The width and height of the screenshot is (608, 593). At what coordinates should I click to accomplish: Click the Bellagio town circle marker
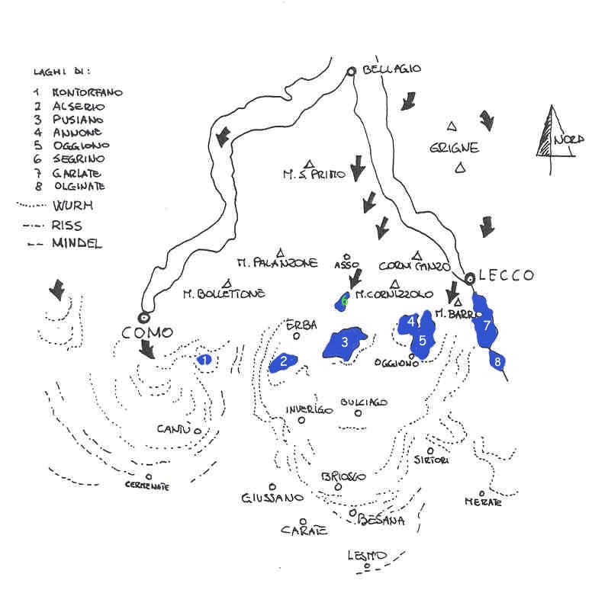351,72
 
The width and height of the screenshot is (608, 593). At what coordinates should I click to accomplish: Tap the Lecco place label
507,276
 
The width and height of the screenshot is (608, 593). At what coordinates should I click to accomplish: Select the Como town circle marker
143,317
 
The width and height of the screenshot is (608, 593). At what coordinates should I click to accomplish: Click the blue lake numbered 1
204,360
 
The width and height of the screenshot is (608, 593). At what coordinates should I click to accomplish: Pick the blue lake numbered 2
283,362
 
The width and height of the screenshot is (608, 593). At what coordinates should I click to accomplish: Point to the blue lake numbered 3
344,344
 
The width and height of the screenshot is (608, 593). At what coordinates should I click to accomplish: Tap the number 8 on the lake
498,362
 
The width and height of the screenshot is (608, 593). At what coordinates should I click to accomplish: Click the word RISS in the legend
67,226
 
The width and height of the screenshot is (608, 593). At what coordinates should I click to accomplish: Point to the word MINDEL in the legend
77,244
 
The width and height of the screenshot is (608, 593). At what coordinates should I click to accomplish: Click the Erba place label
301,325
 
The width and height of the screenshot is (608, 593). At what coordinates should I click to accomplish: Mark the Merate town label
483,502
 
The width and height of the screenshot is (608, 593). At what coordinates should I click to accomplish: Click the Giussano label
272,498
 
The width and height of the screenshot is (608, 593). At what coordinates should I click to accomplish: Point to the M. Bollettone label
224,293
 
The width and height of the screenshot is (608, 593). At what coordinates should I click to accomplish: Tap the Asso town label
346,265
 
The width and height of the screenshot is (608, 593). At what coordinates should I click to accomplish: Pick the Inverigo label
309,409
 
